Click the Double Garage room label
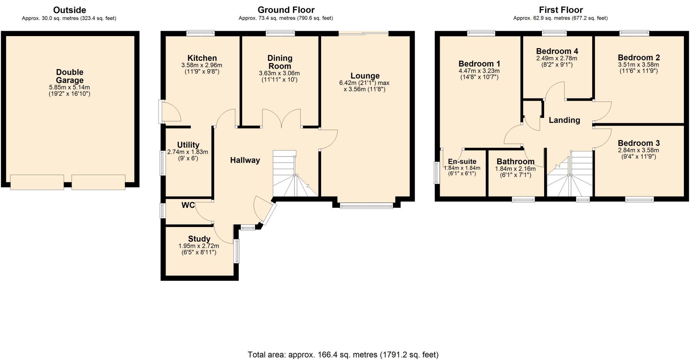coord(69,76)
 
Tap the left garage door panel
coord(37,182)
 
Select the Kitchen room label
coord(202,58)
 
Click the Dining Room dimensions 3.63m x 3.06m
coord(279,73)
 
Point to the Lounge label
coord(365,76)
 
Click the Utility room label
coord(188,145)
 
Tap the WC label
coord(188,205)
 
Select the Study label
coord(199,239)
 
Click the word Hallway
coord(245,160)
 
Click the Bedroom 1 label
coord(479,64)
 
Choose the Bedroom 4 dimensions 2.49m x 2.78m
coord(557,59)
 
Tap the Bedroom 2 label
coord(638,57)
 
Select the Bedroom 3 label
coord(638,143)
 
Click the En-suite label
coord(462,162)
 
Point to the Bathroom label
coord(515,162)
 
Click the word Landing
coord(564,120)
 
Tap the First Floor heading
coord(561,10)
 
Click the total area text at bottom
coord(343,354)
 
